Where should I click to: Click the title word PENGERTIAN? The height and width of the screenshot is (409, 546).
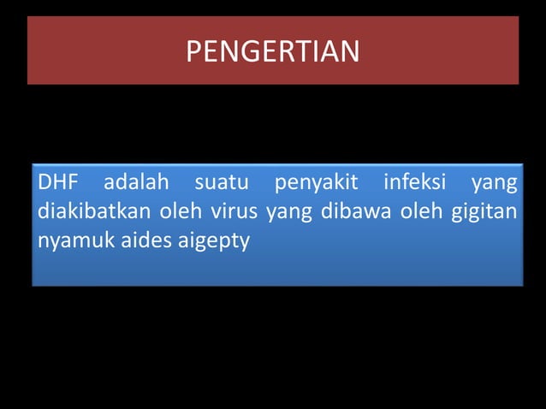(x=273, y=52)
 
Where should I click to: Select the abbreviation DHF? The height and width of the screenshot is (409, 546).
(x=57, y=183)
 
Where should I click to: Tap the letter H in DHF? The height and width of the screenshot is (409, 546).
(x=57, y=183)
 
